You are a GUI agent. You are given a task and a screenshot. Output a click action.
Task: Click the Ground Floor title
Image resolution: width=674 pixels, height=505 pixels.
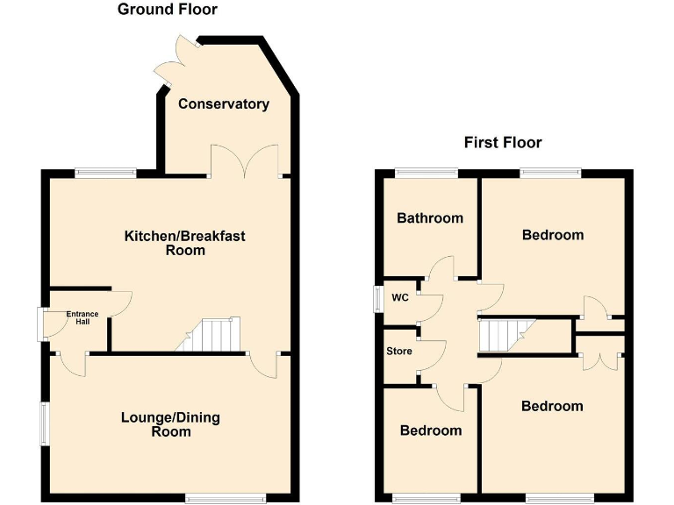(x=168, y=10)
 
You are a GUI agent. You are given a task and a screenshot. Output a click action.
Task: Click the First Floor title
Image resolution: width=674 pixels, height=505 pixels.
(x=503, y=142)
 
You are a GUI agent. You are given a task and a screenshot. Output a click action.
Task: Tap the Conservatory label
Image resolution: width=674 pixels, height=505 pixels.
(x=224, y=104)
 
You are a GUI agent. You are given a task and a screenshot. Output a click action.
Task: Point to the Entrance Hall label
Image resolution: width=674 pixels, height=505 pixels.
(x=82, y=317)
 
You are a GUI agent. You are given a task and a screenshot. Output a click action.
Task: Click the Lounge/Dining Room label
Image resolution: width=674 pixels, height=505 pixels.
(x=170, y=424)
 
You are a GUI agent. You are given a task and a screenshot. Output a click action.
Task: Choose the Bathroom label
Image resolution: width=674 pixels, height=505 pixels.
(x=430, y=217)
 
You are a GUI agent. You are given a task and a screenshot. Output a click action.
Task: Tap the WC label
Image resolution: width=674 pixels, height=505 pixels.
(x=400, y=297)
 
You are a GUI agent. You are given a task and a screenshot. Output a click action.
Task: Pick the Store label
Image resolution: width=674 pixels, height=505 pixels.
(x=399, y=352)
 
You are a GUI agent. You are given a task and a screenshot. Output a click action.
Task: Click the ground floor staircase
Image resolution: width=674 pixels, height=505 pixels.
(x=213, y=335)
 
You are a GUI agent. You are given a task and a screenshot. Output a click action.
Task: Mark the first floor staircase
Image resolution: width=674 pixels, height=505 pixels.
(x=500, y=334)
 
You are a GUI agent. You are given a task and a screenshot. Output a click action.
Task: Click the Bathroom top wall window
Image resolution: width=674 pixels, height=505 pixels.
(x=427, y=172)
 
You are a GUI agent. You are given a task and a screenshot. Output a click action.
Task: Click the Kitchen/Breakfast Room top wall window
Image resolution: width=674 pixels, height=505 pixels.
(x=104, y=173)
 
